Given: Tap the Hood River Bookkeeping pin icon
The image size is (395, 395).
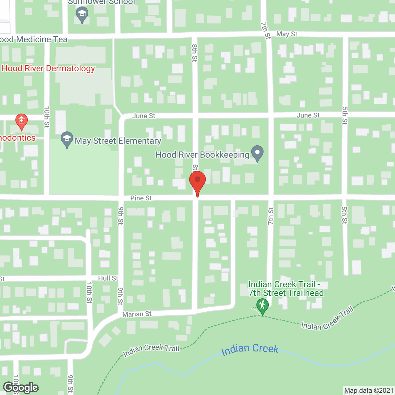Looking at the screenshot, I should pyautogui.click(x=257, y=153).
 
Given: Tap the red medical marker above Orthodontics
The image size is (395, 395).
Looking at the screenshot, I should pyautogui.click(x=22, y=121).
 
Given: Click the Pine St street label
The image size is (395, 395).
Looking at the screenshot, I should pyautogui.click(x=141, y=198).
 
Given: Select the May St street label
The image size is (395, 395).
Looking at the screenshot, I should pyautogui.click(x=287, y=34).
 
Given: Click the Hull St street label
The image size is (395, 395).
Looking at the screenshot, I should pyautogui.click(x=108, y=278).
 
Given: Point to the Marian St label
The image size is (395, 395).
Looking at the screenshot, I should pyautogui.click(x=137, y=314).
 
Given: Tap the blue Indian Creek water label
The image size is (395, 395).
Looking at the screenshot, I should pyautogui.click(x=250, y=349).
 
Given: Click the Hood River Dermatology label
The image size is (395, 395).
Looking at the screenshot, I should pyautogui.click(x=48, y=68).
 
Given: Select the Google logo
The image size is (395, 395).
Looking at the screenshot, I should pyautogui.click(x=21, y=388).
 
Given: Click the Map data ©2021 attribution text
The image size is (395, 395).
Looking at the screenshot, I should pyautogui.click(x=369, y=391).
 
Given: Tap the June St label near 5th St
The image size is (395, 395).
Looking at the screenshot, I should pyautogui.click(x=308, y=115).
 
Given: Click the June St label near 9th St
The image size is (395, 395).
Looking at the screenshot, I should pyautogui.click(x=144, y=116).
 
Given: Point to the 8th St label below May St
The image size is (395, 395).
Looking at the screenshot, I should pyautogui.click(x=194, y=52).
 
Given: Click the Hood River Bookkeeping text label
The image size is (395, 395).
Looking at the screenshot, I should pyautogui.click(x=202, y=155).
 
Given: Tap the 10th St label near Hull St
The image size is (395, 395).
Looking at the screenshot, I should pyautogui.click(x=89, y=293).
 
